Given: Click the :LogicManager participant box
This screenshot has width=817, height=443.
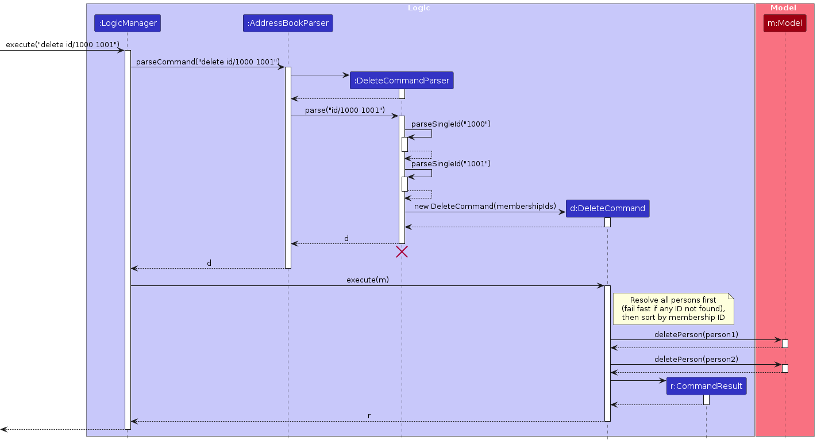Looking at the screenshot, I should pyautogui.click(x=127, y=23).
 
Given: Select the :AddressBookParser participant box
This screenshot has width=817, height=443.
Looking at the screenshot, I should pyautogui.click(x=288, y=23).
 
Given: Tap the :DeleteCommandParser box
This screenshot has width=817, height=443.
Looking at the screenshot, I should pyautogui.click(x=402, y=81).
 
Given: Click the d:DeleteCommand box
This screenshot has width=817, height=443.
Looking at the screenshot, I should pyautogui.click(x=607, y=208).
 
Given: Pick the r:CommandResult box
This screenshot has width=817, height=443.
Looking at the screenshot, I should pyautogui.click(x=706, y=386).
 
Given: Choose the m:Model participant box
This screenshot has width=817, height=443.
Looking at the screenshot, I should pyautogui.click(x=784, y=23).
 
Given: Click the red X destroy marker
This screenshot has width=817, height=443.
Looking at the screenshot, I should pyautogui.click(x=402, y=251).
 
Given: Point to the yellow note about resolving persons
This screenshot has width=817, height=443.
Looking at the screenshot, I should pyautogui.click(x=673, y=309).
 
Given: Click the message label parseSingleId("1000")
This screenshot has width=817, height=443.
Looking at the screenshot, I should pyautogui.click(x=450, y=124).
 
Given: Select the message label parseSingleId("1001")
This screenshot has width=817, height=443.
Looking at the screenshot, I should pyautogui.click(x=450, y=163).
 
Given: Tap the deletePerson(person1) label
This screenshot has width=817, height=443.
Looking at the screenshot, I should pyautogui.click(x=696, y=334).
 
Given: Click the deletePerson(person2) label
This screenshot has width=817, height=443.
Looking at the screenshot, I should pyautogui.click(x=696, y=359).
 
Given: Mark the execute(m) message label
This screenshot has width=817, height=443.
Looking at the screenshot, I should pyautogui.click(x=367, y=280).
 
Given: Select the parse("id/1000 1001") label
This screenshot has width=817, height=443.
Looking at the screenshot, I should pyautogui.click(x=345, y=110).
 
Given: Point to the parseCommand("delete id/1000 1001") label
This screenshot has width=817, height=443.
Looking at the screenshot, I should pyautogui.click(x=207, y=62).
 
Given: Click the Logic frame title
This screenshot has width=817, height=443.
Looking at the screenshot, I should pyautogui.click(x=419, y=8).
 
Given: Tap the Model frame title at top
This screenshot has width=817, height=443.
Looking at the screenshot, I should pyautogui.click(x=783, y=8).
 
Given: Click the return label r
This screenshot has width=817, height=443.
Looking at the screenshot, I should pyautogui.click(x=369, y=415).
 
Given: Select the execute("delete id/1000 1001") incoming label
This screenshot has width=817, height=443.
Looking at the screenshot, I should pyautogui.click(x=62, y=45).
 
